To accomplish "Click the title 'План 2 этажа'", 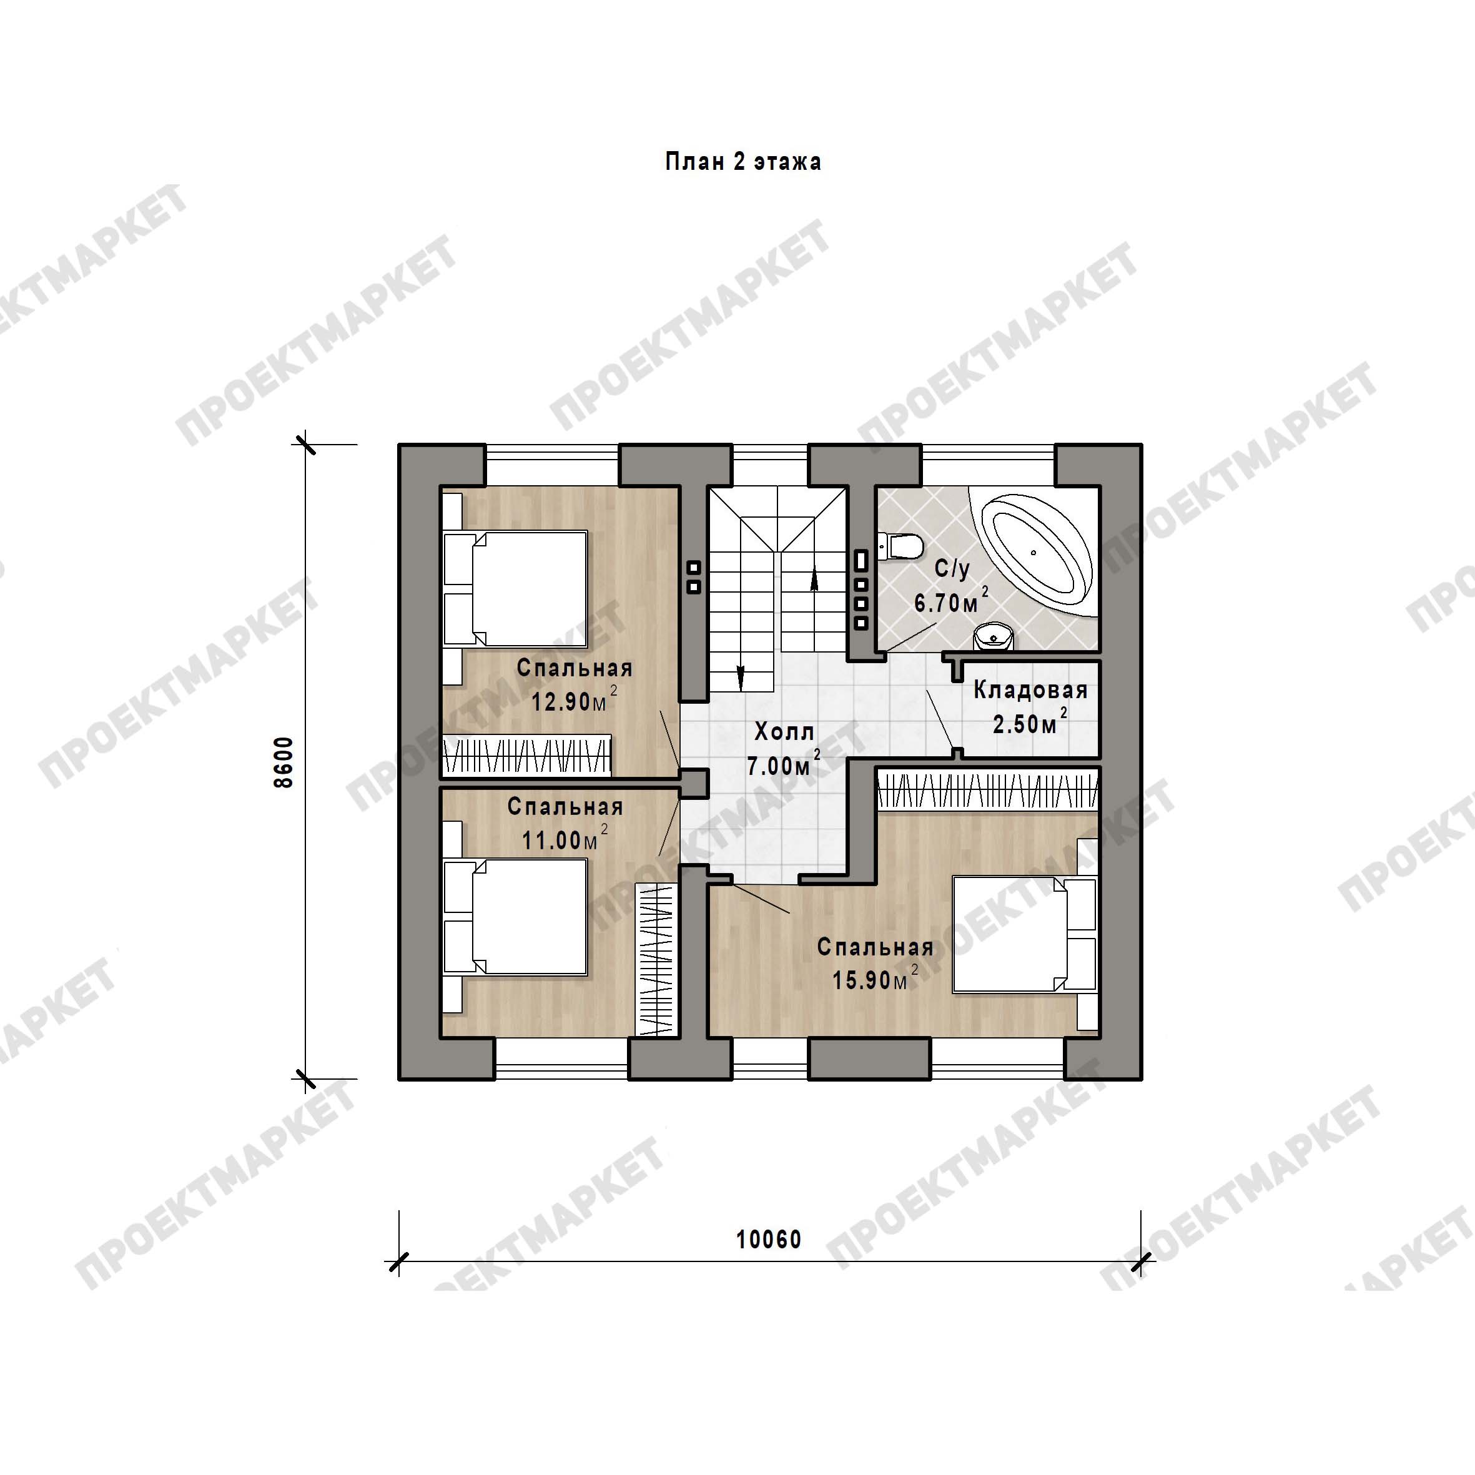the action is (743, 162).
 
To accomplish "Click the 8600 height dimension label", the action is (284, 762).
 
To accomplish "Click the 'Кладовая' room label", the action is (1030, 691).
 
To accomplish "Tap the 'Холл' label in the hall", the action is (784, 732).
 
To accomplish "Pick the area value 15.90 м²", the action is (875, 978).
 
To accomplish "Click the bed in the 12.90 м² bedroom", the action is (516, 589).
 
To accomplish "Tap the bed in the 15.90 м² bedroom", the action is (1025, 934).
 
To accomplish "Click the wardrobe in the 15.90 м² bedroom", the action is (988, 790).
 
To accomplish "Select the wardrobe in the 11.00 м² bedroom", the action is (656, 959).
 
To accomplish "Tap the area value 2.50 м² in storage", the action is (1030, 723).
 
